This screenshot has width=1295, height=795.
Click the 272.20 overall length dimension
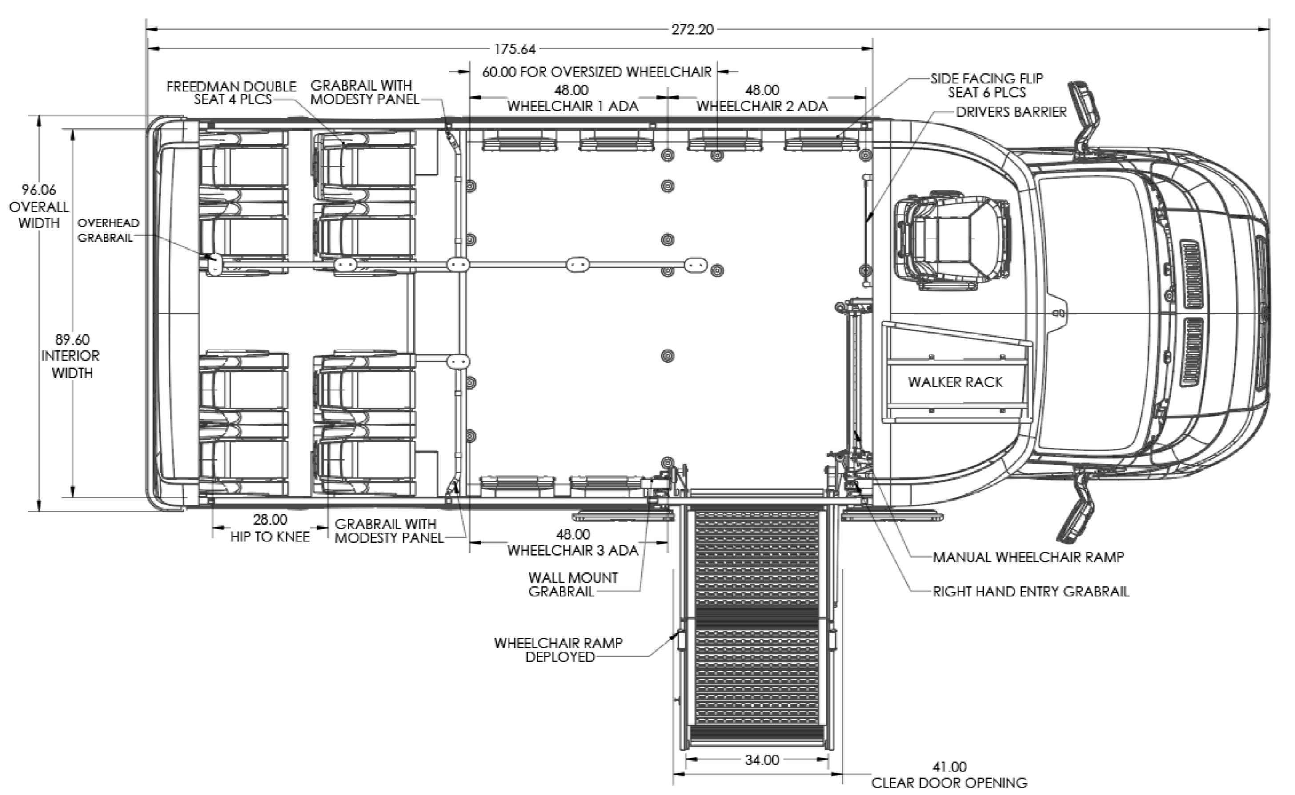(693, 29)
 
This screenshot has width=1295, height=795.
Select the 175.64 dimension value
(515, 49)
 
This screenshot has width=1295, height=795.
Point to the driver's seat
(952, 240)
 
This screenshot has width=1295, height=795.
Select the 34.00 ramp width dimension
(762, 760)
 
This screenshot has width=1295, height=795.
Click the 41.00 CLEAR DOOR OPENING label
(949, 775)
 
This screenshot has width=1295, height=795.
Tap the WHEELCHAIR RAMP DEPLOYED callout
(558, 650)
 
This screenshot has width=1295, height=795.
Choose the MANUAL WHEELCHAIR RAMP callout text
(1028, 557)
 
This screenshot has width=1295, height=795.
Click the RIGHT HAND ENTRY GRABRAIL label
(1031, 592)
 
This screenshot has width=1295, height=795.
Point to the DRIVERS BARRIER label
(1011, 112)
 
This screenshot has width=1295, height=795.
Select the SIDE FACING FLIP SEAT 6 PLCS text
(986, 85)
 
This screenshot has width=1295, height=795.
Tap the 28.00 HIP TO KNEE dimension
(270, 528)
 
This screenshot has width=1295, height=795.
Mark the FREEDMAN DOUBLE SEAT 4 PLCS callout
(232, 92)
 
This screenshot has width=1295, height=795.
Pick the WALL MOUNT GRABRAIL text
(573, 584)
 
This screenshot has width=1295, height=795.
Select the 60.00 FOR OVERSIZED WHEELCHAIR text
(597, 72)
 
